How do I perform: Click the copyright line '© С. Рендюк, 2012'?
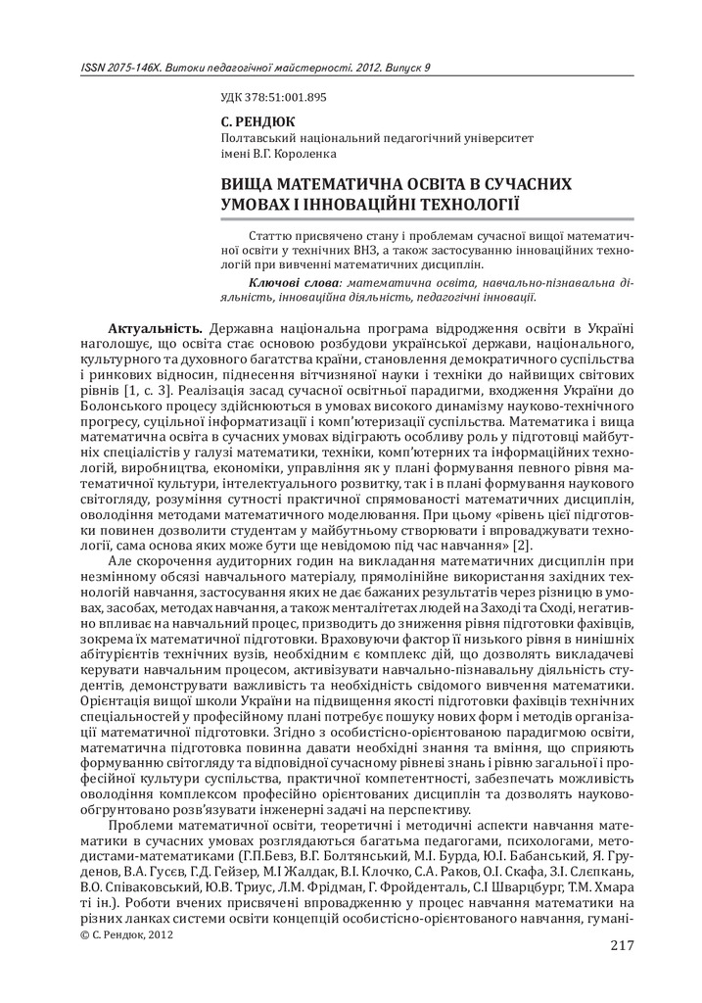coord(125,937)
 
